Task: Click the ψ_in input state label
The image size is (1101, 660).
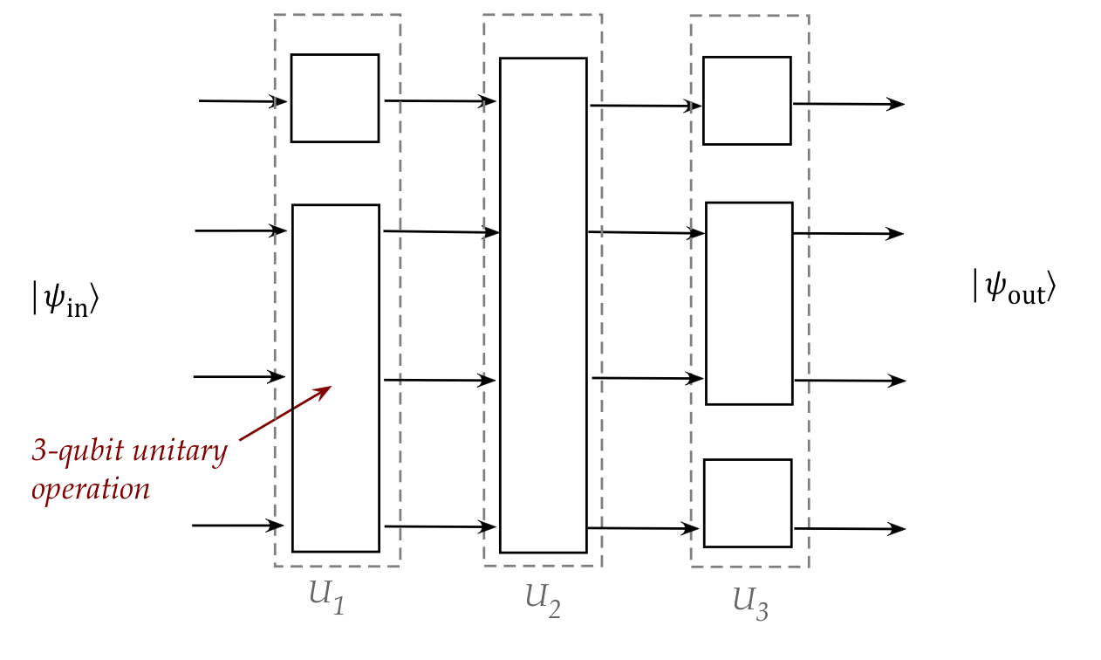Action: pos(65,301)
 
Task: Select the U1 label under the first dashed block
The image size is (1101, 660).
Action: pos(326,597)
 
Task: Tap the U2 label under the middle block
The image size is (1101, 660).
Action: pos(542,598)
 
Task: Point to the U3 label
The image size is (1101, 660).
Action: pos(750,602)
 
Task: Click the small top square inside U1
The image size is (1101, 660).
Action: pos(335,98)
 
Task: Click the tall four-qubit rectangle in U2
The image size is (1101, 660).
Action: pos(543,306)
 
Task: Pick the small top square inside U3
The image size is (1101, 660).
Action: pos(747,100)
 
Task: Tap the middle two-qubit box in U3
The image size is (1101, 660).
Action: pos(749,303)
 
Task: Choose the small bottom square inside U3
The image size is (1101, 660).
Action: pos(748,503)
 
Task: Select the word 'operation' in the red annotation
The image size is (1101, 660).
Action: pos(91,488)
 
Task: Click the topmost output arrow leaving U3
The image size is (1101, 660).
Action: pos(848,104)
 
